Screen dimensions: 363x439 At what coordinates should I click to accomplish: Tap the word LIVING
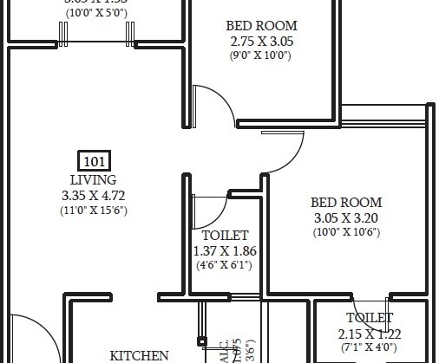pyautogui.click(x=94, y=179)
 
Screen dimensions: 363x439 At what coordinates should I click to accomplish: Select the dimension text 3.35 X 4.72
pyautogui.click(x=94, y=195)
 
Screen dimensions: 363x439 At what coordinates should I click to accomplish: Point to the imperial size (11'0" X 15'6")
pyautogui.click(x=94, y=211)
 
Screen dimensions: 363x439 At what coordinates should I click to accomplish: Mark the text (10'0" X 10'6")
pyautogui.click(x=346, y=232)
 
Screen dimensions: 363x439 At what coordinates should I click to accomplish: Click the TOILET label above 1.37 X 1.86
pyautogui.click(x=225, y=236)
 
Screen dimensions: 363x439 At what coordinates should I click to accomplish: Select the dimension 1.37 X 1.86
pyautogui.click(x=225, y=251)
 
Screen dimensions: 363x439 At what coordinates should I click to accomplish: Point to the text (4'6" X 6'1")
pyautogui.click(x=225, y=266)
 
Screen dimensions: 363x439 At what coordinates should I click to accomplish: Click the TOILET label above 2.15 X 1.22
pyautogui.click(x=370, y=318)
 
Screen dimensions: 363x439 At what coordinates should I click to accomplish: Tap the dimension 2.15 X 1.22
pyautogui.click(x=370, y=334)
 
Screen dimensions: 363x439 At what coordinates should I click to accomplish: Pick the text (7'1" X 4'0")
pyautogui.click(x=370, y=348)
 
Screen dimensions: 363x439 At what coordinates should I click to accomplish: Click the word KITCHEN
pyautogui.click(x=139, y=355)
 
